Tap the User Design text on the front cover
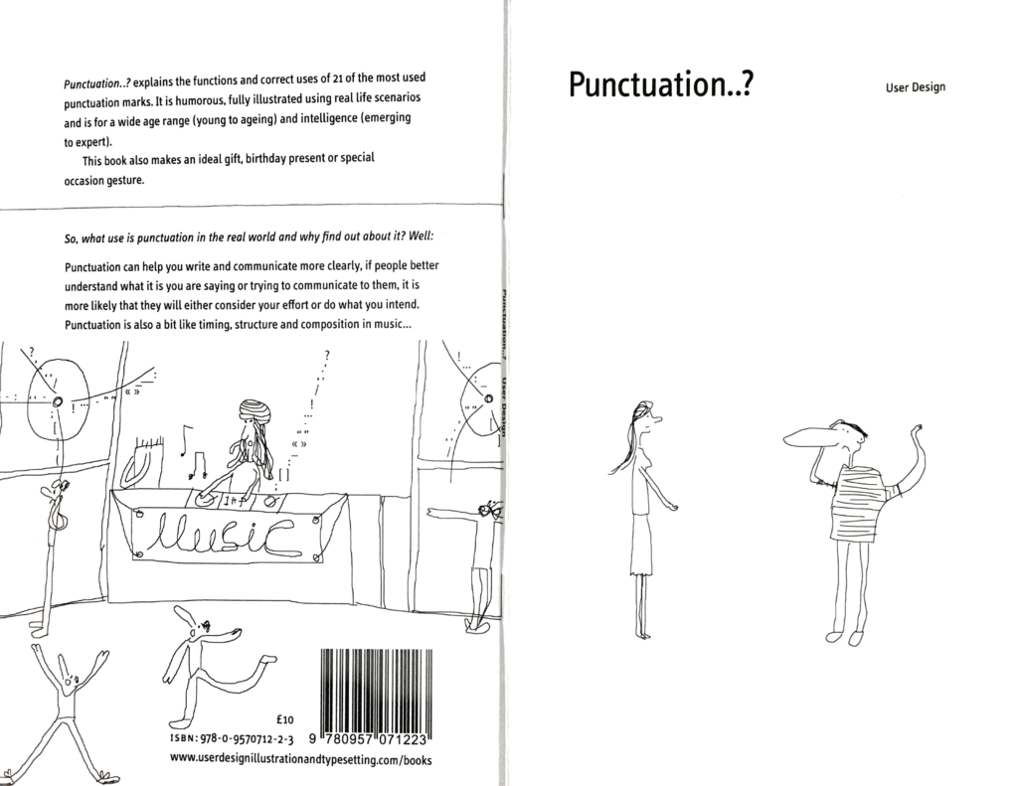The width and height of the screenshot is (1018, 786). tap(915, 86)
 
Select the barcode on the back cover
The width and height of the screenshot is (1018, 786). tap(376, 690)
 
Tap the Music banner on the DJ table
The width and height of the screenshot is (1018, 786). tap(228, 535)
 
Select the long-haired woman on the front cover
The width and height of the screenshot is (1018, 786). tap(642, 517)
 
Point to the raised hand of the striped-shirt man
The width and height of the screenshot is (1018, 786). tap(916, 430)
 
